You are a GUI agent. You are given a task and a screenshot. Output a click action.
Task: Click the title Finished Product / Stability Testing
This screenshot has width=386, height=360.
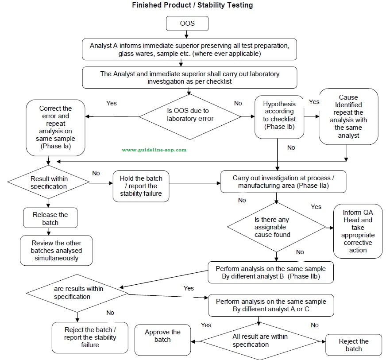pyautogui.click(x=193, y=5)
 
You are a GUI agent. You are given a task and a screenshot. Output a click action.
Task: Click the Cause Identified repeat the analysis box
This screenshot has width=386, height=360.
pyautogui.click(x=348, y=116)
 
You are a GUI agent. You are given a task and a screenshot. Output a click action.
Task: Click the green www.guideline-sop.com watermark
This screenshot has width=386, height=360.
pyautogui.click(x=154, y=150)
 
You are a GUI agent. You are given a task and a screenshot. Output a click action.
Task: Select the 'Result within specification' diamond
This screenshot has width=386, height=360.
pyautogui.click(x=49, y=182)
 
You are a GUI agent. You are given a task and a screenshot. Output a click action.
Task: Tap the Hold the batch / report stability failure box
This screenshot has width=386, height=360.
pyautogui.click(x=141, y=186)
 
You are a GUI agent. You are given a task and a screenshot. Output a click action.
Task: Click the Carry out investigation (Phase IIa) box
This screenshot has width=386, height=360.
pyautogui.click(x=283, y=182)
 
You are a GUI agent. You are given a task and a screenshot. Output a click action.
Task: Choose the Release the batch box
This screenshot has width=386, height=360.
pyautogui.click(x=50, y=218)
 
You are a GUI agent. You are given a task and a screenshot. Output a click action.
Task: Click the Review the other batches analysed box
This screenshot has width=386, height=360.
pyautogui.click(x=56, y=250)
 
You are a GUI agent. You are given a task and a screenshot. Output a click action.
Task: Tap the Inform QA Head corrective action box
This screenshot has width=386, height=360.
pyautogui.click(x=358, y=231)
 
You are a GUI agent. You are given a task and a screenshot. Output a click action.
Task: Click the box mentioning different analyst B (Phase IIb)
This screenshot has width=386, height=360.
pyautogui.click(x=270, y=272)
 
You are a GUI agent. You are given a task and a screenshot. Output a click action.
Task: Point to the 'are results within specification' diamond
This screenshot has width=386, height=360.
pyautogui.click(x=78, y=293)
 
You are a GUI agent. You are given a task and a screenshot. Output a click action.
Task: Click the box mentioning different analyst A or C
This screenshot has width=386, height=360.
pyautogui.click(x=270, y=305)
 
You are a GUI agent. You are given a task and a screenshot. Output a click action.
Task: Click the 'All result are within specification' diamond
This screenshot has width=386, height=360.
pyautogui.click(x=260, y=341)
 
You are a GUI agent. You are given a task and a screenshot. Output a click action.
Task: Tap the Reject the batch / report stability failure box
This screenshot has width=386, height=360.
pyautogui.click(x=90, y=337)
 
